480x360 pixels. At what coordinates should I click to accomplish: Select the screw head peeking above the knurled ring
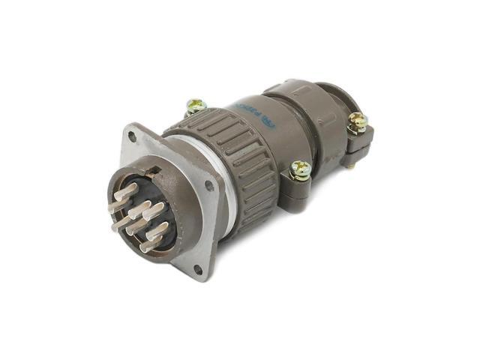196,106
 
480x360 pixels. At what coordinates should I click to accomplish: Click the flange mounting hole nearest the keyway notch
133,136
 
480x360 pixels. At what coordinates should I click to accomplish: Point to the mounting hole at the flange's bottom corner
197,268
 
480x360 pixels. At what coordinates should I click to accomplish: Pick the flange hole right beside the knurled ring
209,184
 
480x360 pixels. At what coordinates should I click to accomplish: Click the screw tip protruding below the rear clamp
350,166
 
